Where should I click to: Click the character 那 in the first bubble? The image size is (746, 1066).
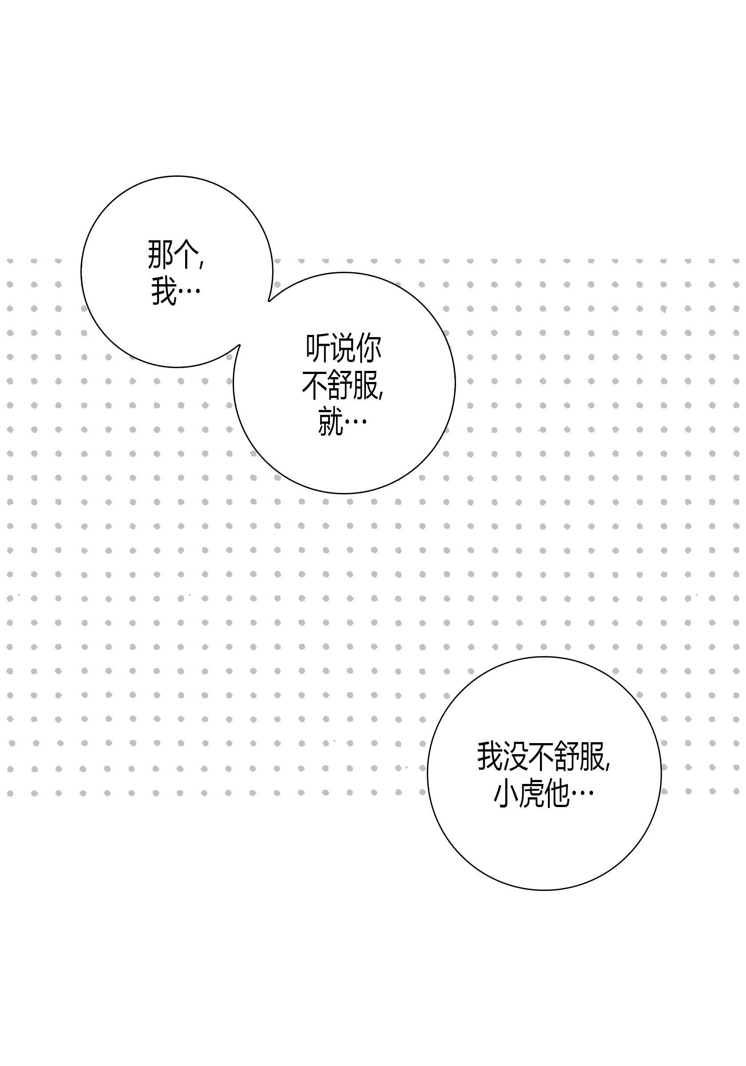(160, 255)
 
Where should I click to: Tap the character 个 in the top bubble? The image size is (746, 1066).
(186, 255)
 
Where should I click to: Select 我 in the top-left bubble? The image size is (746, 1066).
(164, 291)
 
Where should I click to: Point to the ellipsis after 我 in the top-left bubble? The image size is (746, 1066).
(189, 292)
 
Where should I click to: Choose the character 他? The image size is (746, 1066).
(557, 794)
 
